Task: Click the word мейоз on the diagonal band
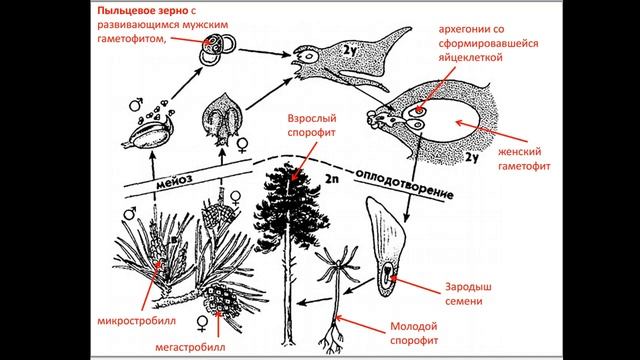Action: (x=174, y=180)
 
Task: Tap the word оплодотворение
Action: (x=404, y=184)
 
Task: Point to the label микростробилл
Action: (x=137, y=321)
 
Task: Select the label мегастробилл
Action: (x=190, y=347)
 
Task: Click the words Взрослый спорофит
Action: (x=312, y=125)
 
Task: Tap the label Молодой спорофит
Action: (x=414, y=333)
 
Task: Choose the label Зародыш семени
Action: (x=468, y=294)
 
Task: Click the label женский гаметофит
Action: (x=524, y=159)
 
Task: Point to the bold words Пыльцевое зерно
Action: (x=143, y=11)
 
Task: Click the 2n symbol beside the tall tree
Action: (x=331, y=179)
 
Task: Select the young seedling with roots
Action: (x=336, y=298)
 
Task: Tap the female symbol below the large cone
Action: (x=202, y=322)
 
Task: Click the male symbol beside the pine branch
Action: (x=130, y=213)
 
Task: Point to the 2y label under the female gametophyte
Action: (x=471, y=158)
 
